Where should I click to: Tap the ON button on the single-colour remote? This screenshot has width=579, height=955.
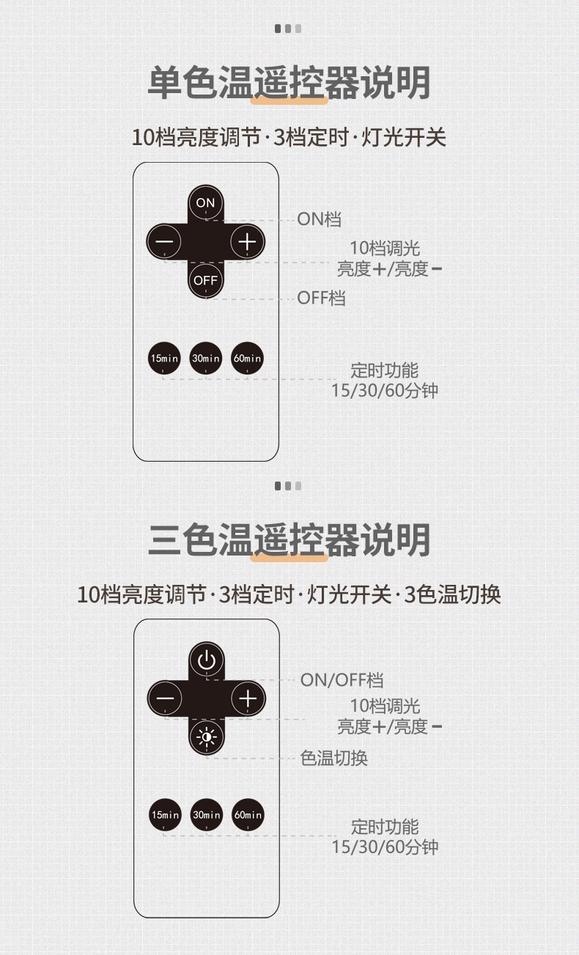(205, 202)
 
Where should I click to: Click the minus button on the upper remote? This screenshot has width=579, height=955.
(164, 242)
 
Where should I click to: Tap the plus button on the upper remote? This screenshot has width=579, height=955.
(247, 242)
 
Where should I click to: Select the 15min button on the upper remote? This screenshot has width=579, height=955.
(164, 358)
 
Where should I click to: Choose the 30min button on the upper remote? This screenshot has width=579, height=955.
(205, 358)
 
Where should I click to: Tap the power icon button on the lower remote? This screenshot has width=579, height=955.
(207, 660)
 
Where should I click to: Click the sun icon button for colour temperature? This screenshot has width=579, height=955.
(207, 737)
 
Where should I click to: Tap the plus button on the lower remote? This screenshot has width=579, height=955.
(248, 698)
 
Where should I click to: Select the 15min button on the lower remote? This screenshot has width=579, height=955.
(165, 815)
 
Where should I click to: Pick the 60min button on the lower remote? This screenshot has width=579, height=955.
(248, 815)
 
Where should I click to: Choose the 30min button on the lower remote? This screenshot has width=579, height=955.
(207, 815)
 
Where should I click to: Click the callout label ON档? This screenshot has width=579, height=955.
(320, 219)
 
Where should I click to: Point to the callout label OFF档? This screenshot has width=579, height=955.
(322, 298)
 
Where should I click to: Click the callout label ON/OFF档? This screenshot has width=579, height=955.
(342, 680)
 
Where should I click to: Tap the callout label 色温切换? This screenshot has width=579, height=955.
(334, 758)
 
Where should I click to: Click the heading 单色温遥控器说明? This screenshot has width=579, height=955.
(289, 83)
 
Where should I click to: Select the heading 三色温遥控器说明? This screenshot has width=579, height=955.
(289, 539)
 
